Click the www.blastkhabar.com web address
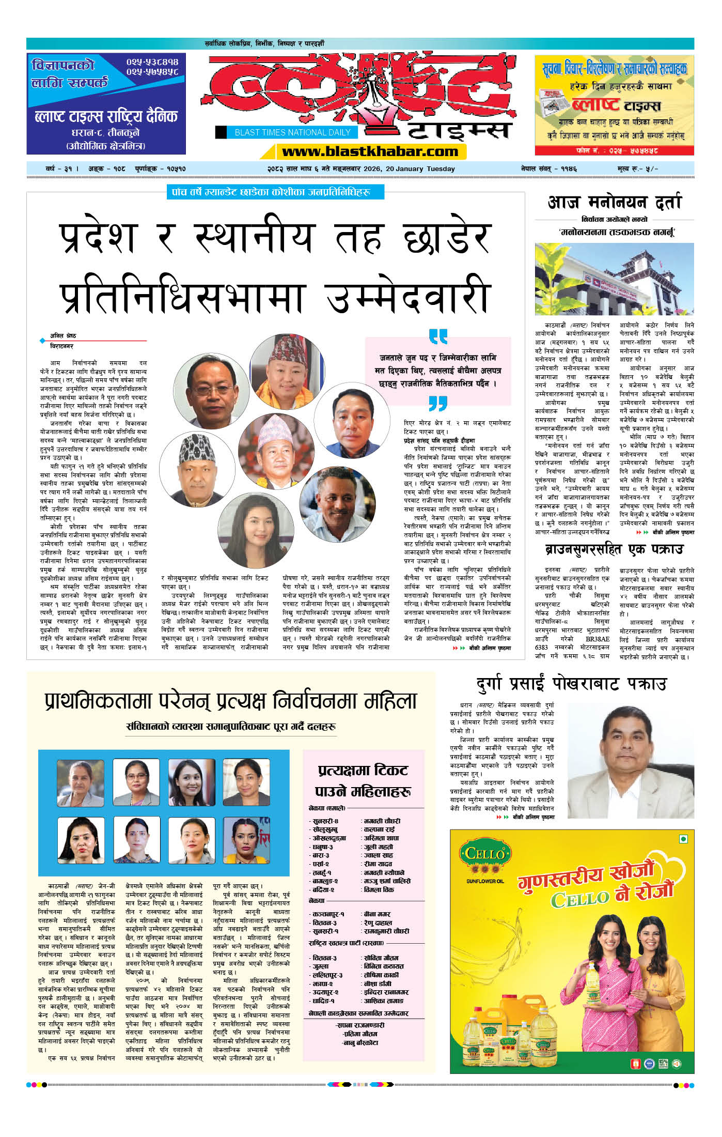(370, 151)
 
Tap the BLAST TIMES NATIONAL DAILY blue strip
(292, 132)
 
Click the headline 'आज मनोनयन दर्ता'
(614, 202)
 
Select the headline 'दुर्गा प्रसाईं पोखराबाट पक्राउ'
(571, 684)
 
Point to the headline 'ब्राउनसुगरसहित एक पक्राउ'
(614, 549)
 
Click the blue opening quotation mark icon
(438, 336)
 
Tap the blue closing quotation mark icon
(438, 403)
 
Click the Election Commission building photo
(614, 279)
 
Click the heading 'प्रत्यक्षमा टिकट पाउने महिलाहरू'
(363, 780)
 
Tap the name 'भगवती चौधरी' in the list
(382, 821)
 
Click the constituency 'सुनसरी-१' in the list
(325, 931)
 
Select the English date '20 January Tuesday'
(420, 168)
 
